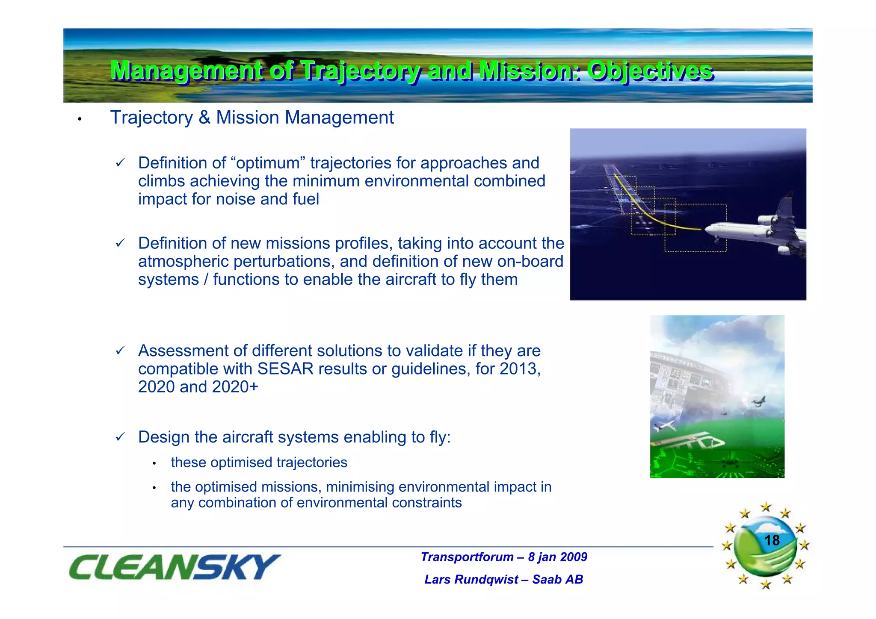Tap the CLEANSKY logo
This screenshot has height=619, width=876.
174,567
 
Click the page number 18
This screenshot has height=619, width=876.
772,540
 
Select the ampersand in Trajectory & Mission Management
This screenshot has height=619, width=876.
204,118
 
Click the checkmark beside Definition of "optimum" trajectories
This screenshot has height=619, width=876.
120,163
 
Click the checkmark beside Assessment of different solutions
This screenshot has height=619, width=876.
120,351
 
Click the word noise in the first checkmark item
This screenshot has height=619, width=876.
237,199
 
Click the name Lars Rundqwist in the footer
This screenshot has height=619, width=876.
471,579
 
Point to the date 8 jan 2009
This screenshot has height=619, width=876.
557,557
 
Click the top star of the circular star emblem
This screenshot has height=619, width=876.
766,507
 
